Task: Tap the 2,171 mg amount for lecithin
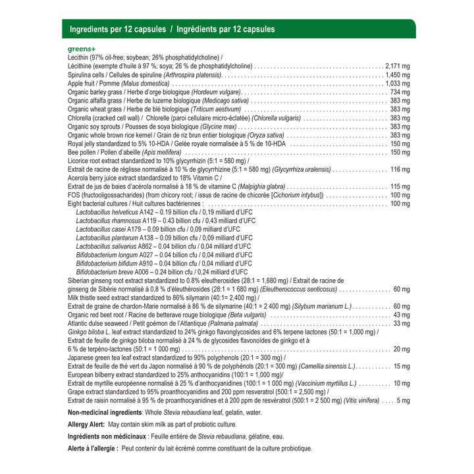[397, 66]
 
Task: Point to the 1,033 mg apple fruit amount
[397, 84]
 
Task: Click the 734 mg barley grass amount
[400, 92]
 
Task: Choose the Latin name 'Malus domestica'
[145, 84]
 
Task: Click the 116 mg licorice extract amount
[400, 169]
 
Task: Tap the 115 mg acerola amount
[400, 186]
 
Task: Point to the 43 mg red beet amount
[402, 315]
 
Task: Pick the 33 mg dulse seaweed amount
[402, 323]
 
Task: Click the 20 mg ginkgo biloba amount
[402, 349]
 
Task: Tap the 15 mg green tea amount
[402, 366]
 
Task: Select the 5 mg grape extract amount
[403, 400]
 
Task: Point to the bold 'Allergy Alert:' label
[86, 424]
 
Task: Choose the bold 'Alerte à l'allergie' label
[93, 448]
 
